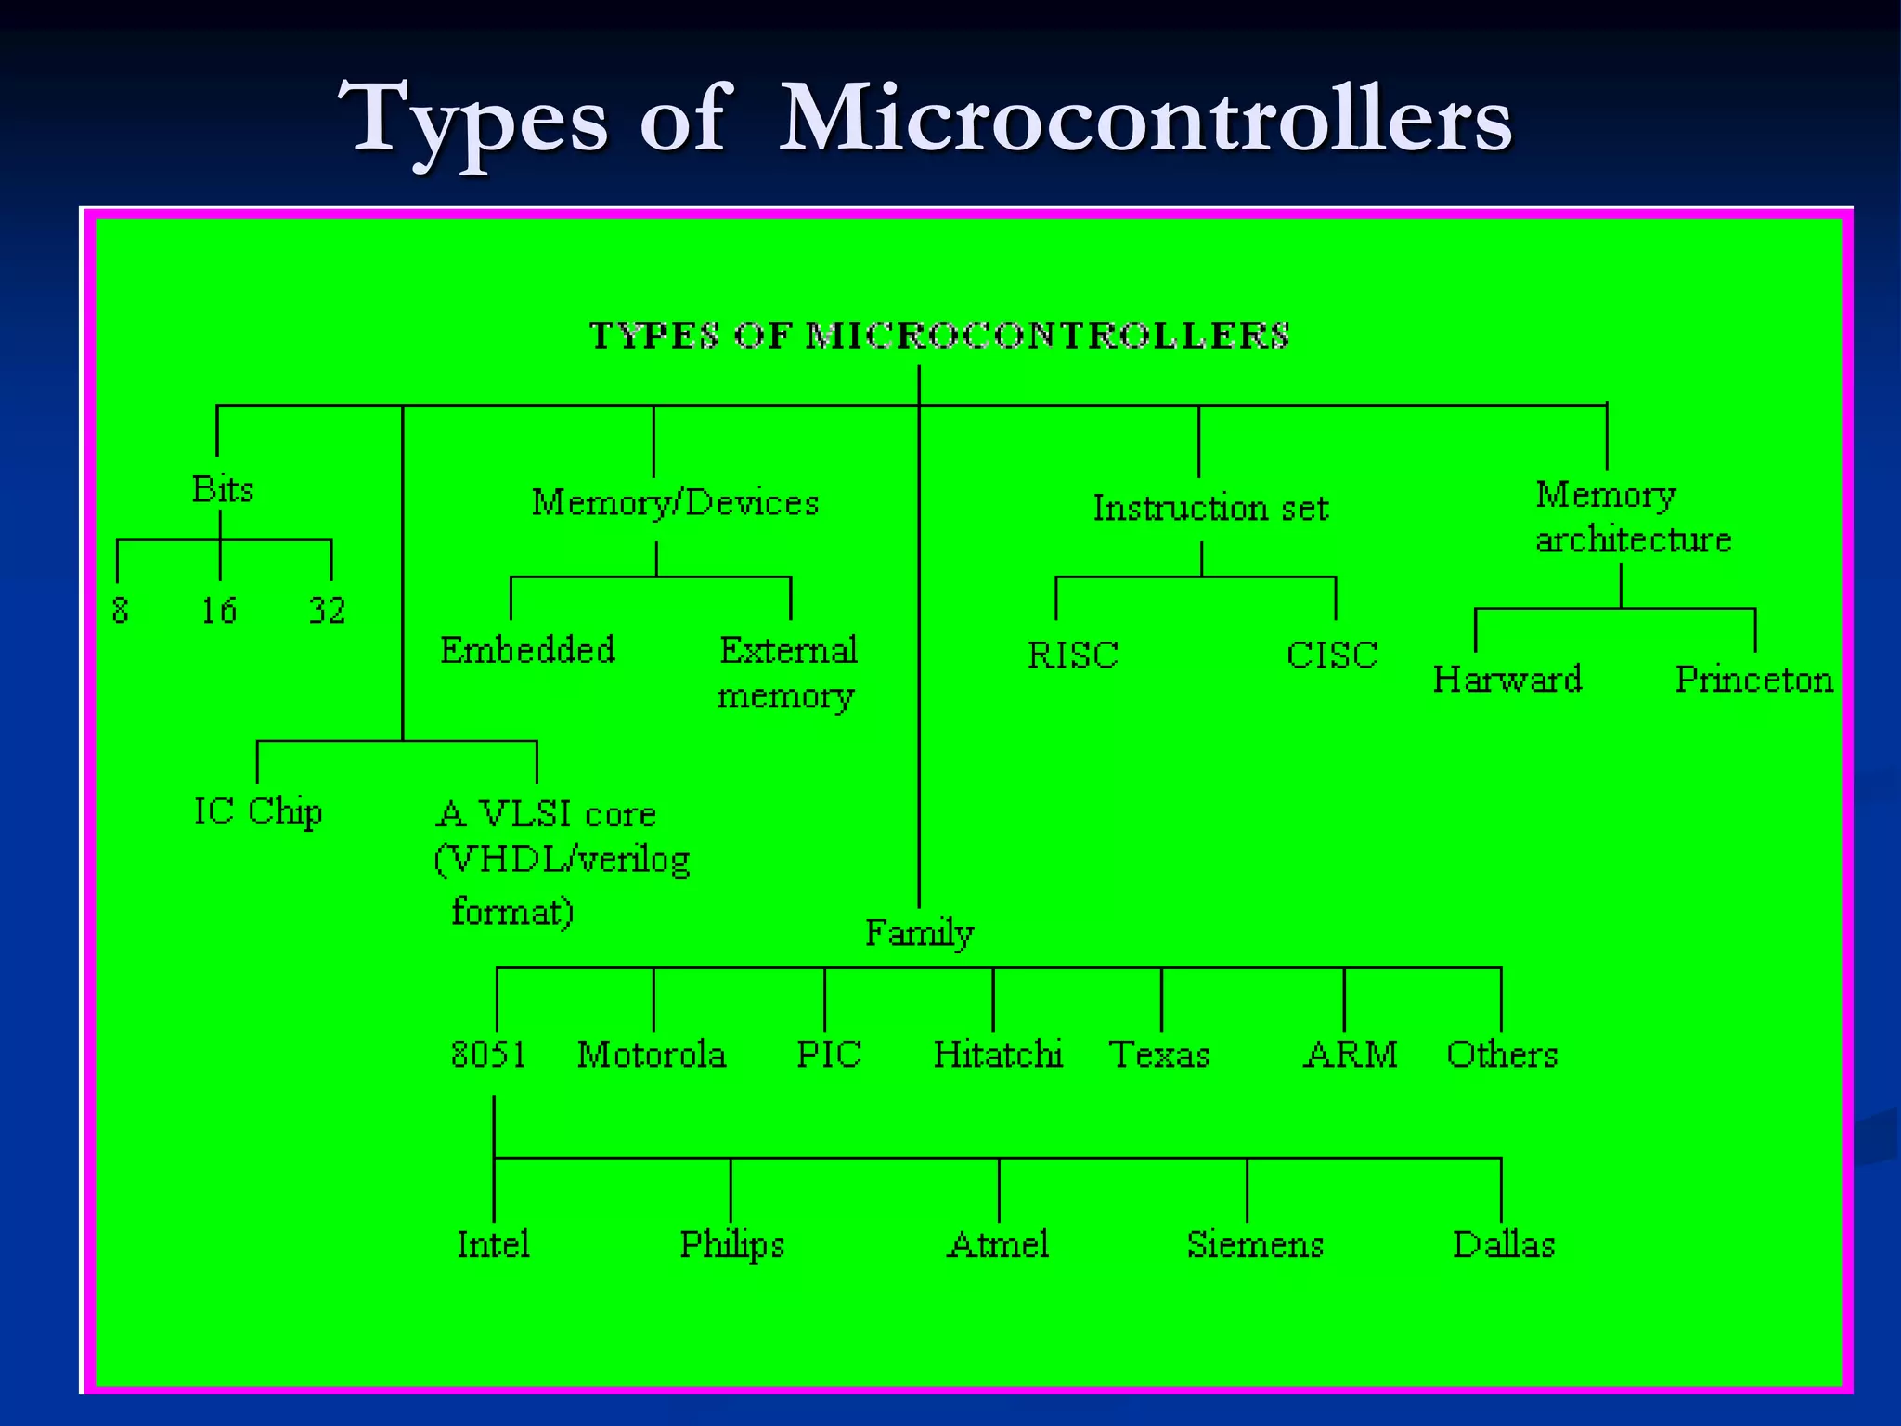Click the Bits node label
tap(223, 489)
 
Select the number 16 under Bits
tap(219, 611)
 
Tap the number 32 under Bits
tap(327, 611)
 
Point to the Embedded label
tap(527, 650)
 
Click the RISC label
tap(1073, 655)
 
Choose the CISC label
tap(1332, 655)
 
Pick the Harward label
tap(1507, 680)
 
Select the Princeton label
tap(1753, 680)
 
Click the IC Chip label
tap(258, 812)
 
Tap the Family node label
tap(919, 933)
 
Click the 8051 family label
tap(488, 1055)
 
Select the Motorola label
tap(652, 1055)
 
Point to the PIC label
tap(829, 1055)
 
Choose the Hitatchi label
tap(998, 1055)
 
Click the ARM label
tap(1351, 1055)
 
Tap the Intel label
tap(493, 1245)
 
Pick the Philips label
tap(731, 1245)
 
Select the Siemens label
tap(1255, 1245)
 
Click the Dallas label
tap(1504, 1245)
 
